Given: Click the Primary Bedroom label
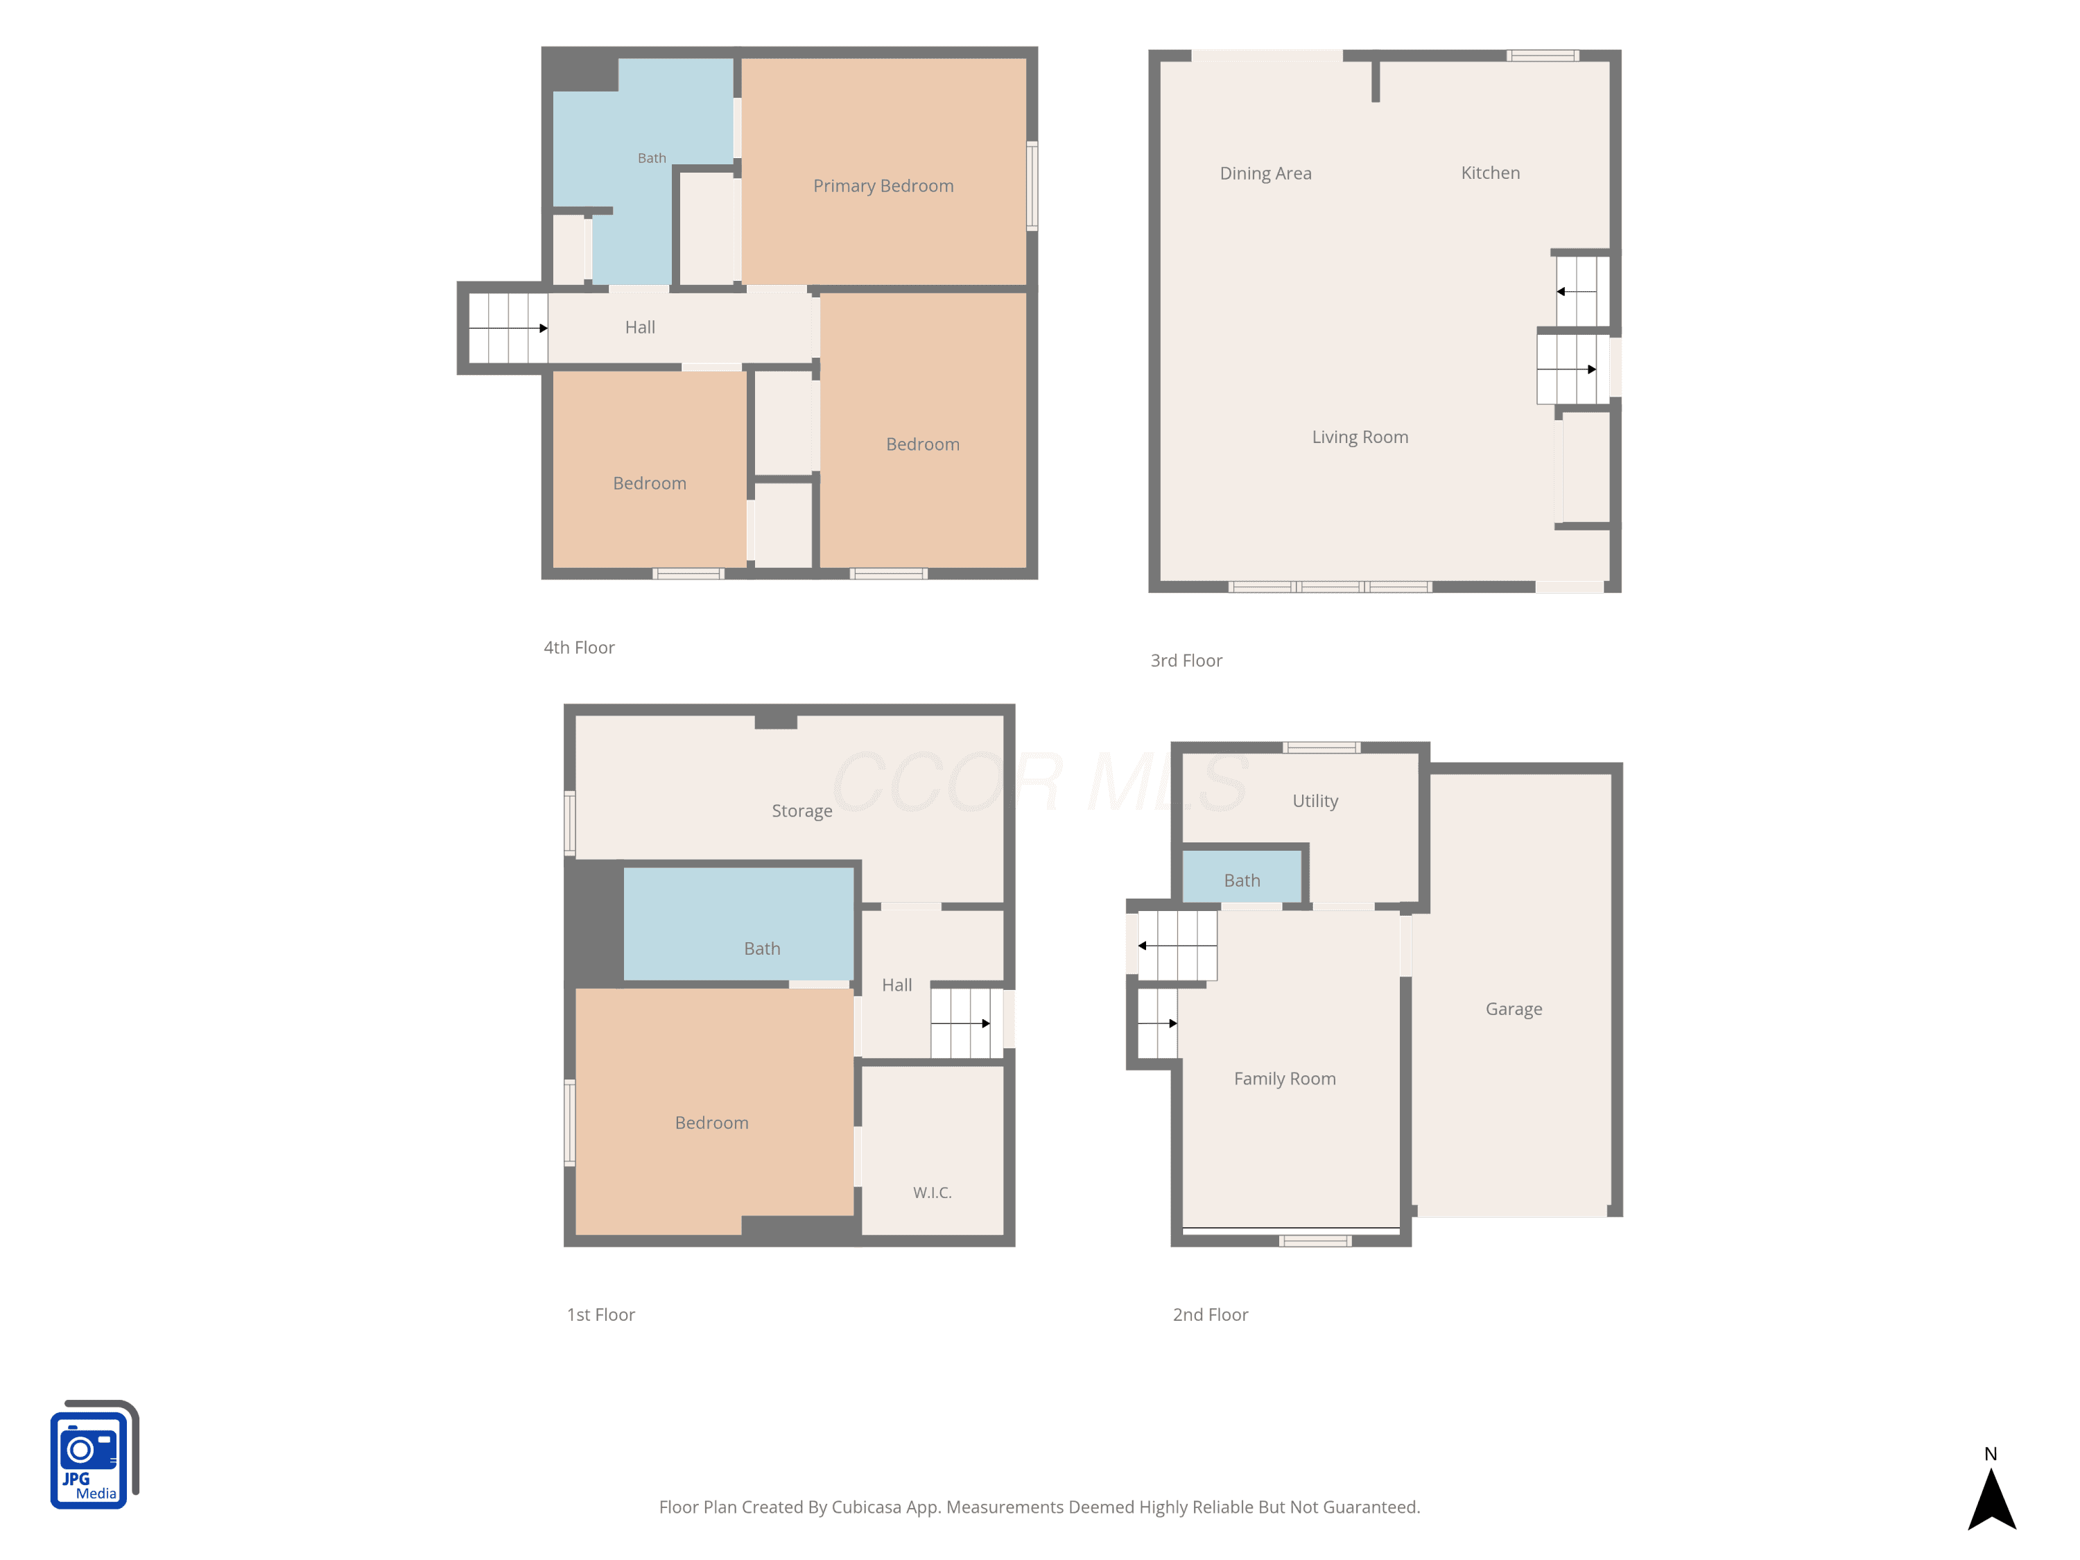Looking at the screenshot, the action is [883, 187].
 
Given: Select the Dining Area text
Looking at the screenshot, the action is [1265, 173].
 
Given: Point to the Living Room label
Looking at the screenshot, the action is [1360, 437].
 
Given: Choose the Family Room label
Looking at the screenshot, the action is [1285, 1079].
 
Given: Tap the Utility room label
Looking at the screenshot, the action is [1315, 801].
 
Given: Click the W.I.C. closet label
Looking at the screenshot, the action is [932, 1193].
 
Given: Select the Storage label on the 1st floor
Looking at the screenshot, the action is [801, 811].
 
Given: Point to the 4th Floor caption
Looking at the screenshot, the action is [578, 648].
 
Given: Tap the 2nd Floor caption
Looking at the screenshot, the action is [1209, 1315].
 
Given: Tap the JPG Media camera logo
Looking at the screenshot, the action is [94, 1455].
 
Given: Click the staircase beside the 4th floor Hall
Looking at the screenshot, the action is [508, 328].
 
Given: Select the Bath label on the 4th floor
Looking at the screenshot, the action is [652, 158].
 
